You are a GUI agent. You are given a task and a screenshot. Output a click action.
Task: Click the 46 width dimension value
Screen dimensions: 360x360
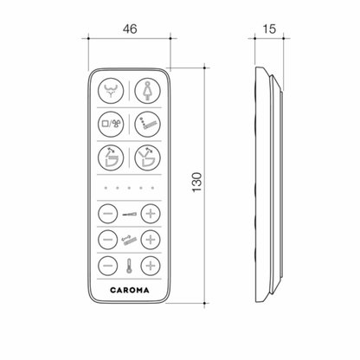coord(130,29)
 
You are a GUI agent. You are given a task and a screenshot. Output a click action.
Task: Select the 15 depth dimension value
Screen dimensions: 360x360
coord(269,29)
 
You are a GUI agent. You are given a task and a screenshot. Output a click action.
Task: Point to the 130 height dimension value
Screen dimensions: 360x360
coord(196,183)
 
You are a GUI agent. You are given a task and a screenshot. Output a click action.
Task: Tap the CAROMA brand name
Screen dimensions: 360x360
coord(130,290)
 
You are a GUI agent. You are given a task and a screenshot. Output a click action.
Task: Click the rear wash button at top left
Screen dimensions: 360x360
coord(111,91)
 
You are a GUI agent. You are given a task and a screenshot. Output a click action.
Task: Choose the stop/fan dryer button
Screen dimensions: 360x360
coord(111,125)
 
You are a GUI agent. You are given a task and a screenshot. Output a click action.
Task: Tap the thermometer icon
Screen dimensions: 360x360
coord(128,266)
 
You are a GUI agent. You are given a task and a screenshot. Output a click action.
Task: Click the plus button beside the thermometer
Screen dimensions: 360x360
coord(151,266)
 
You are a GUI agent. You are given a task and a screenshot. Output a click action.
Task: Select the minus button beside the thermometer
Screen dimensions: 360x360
coord(108,266)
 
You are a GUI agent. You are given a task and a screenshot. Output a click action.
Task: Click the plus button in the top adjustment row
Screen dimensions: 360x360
coord(151,214)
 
